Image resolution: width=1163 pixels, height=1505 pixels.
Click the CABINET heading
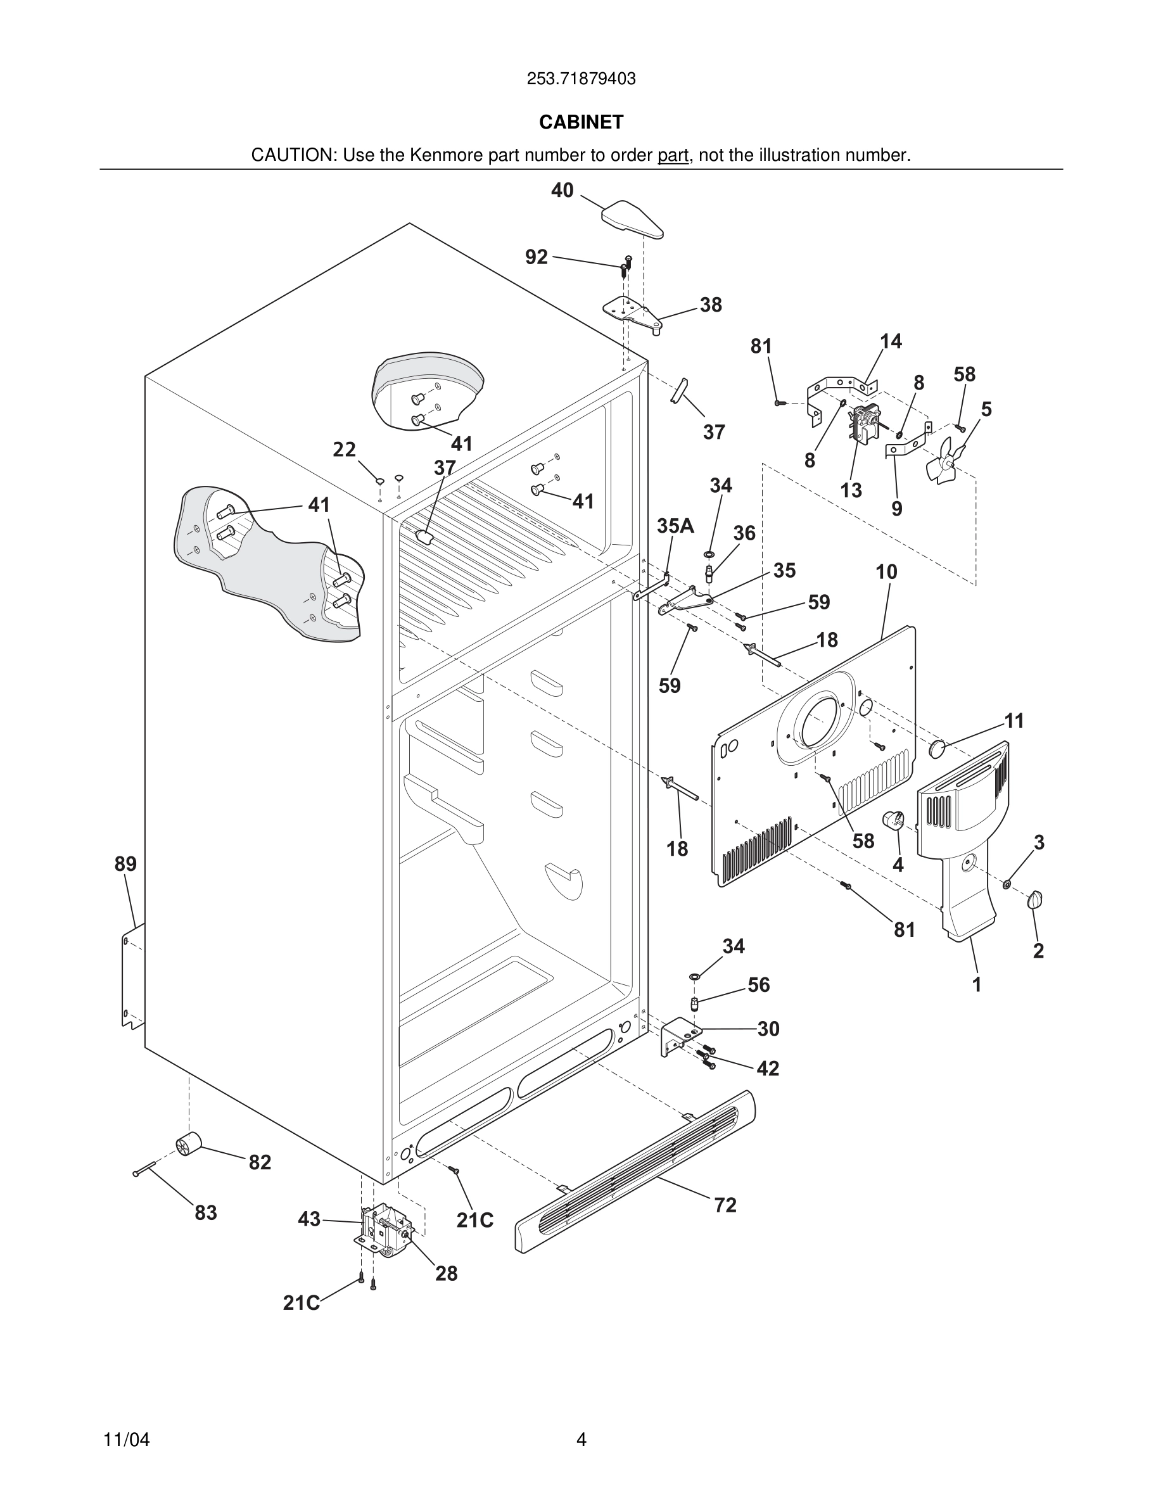581,122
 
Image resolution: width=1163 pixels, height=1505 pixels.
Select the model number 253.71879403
581,79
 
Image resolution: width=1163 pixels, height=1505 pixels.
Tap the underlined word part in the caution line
673,156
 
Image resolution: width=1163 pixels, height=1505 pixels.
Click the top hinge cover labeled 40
632,219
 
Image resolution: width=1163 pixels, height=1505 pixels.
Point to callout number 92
536,257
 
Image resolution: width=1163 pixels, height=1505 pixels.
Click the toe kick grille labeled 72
634,1171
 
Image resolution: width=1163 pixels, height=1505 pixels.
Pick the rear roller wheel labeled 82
188,1145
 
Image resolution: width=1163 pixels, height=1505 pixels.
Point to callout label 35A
675,526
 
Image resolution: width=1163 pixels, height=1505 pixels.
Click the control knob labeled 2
1035,899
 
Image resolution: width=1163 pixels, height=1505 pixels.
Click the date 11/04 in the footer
126,1440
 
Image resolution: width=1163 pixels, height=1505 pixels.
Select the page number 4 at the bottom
581,1440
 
